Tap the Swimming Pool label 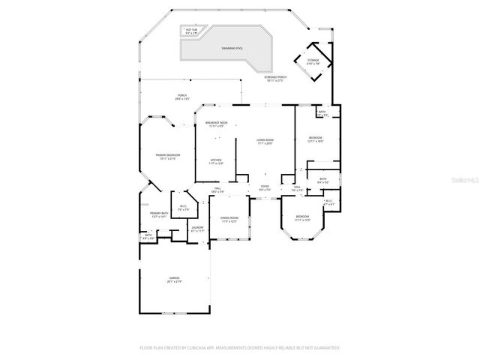click(x=232, y=48)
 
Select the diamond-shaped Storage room click(x=312, y=62)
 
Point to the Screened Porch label click(x=275, y=78)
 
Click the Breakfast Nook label click(x=216, y=124)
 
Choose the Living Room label click(x=265, y=141)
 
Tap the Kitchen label click(x=216, y=160)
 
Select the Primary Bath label click(x=159, y=214)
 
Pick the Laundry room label click(x=197, y=229)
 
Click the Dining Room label click(x=229, y=220)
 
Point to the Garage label click(x=174, y=280)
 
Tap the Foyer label click(x=265, y=187)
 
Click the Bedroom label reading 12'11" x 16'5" click(x=316, y=139)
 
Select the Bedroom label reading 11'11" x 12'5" click(x=302, y=218)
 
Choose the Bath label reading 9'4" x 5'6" click(x=322, y=181)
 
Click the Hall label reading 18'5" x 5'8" click(x=217, y=190)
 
